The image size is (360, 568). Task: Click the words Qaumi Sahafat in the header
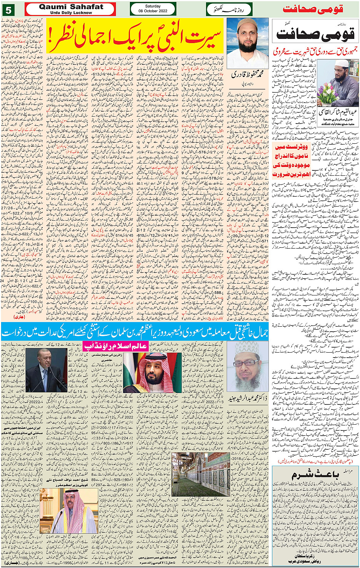coord(71,6)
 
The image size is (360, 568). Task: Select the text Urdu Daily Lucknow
coord(71,13)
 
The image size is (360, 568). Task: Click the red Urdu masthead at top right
coord(313,9)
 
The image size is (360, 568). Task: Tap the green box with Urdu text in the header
coord(229,9)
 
